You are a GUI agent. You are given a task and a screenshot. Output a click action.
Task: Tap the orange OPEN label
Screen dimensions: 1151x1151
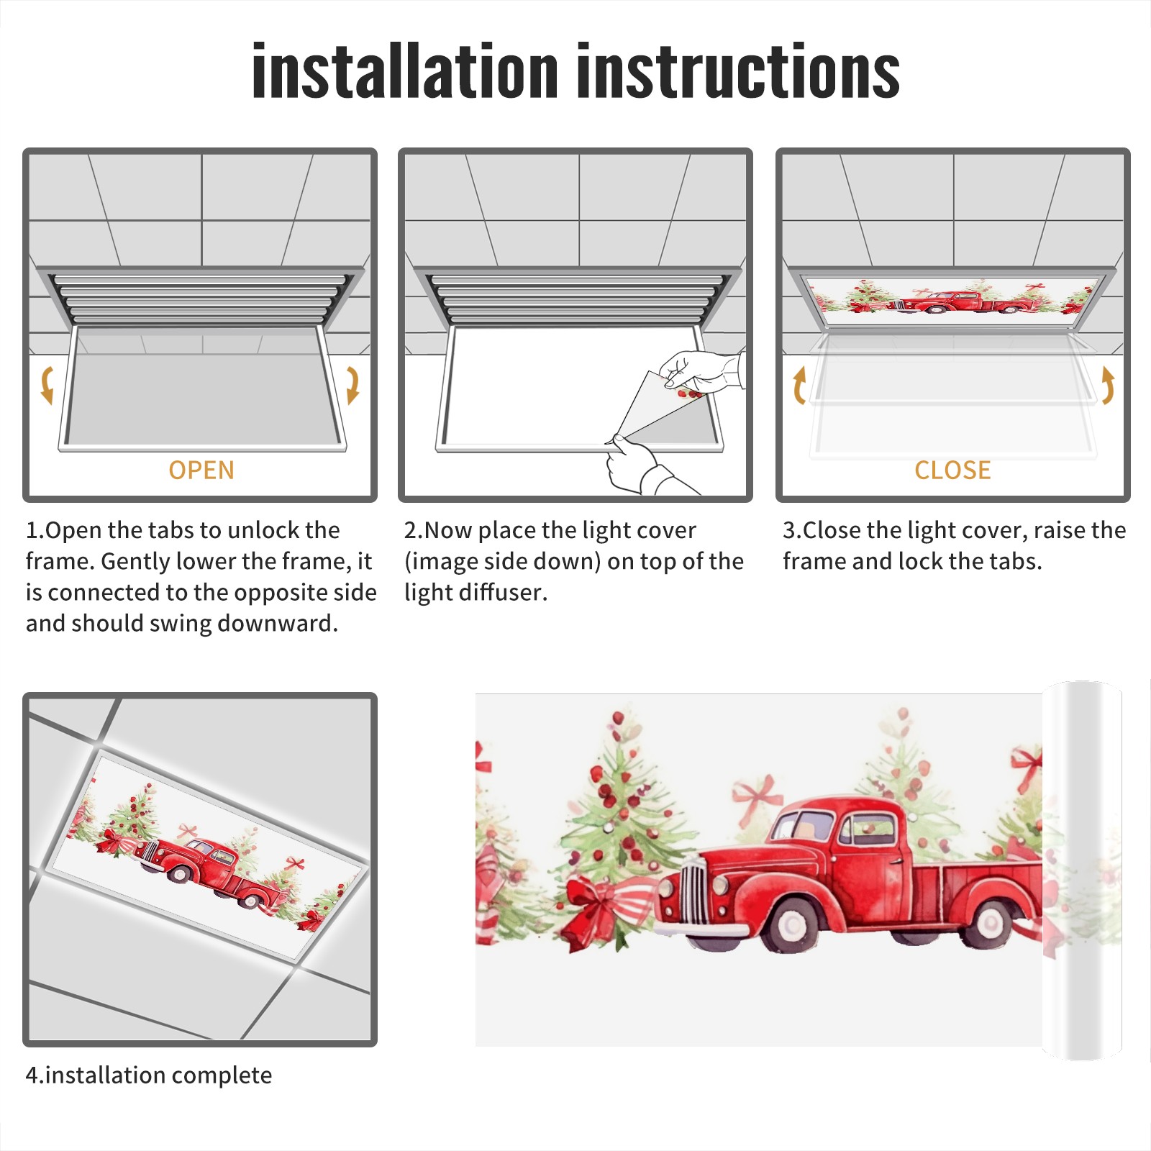(201, 470)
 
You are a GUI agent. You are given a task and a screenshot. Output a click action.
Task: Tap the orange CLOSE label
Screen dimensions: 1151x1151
(952, 470)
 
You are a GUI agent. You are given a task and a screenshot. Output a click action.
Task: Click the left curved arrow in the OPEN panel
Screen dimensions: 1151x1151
(47, 385)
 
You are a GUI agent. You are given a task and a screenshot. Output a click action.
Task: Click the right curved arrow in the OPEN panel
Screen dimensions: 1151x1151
(352, 385)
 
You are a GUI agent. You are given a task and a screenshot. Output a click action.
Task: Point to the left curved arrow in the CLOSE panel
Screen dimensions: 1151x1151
(799, 385)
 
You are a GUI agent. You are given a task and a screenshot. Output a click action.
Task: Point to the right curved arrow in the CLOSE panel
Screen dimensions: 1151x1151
(1108, 385)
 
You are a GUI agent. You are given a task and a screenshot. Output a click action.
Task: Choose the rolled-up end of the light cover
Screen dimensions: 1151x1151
(1082, 870)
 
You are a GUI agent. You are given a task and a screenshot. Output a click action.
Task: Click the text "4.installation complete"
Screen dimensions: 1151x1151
(149, 1075)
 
